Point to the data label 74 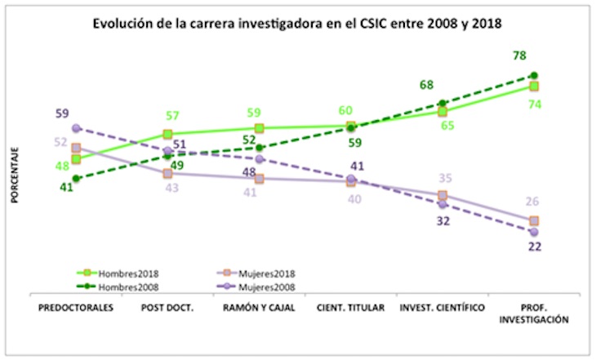click(535, 104)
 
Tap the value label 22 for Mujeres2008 click(534, 247)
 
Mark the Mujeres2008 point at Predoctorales click(75, 128)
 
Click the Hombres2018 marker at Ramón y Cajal click(259, 128)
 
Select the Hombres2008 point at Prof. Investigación click(534, 75)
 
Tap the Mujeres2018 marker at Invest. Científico click(443, 195)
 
